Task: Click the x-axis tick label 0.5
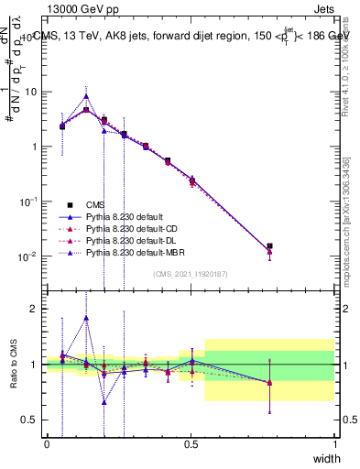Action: pyautogui.click(x=191, y=444)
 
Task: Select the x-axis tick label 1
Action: pyautogui.click(x=335, y=444)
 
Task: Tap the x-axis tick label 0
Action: pyautogui.click(x=47, y=444)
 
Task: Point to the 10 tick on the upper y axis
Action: pyautogui.click(x=31, y=92)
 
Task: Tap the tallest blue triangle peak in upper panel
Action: pyautogui.click(x=86, y=95)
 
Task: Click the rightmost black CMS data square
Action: pyautogui.click(x=269, y=245)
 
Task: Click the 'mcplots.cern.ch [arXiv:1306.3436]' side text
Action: pyautogui.click(x=349, y=211)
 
